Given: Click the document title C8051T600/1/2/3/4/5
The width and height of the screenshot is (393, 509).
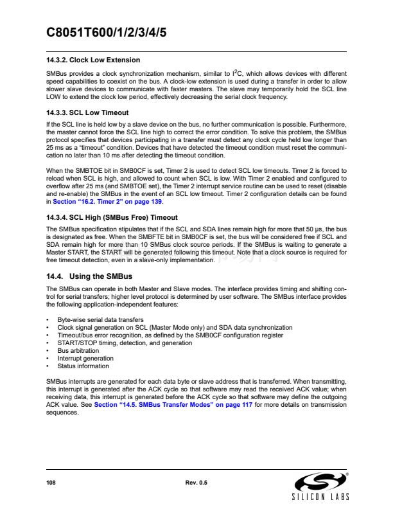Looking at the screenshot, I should click(x=107, y=33).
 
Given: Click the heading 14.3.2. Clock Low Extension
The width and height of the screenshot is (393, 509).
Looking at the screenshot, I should click(x=93, y=60).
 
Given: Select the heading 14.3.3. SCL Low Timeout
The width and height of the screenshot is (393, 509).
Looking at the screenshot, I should click(x=88, y=112).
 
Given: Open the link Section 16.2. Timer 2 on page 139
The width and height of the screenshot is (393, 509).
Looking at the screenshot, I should click(x=103, y=201).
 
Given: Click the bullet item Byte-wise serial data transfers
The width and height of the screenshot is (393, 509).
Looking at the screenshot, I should click(x=100, y=319).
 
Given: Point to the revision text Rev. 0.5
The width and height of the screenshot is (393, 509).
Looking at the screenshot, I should click(x=196, y=482).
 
